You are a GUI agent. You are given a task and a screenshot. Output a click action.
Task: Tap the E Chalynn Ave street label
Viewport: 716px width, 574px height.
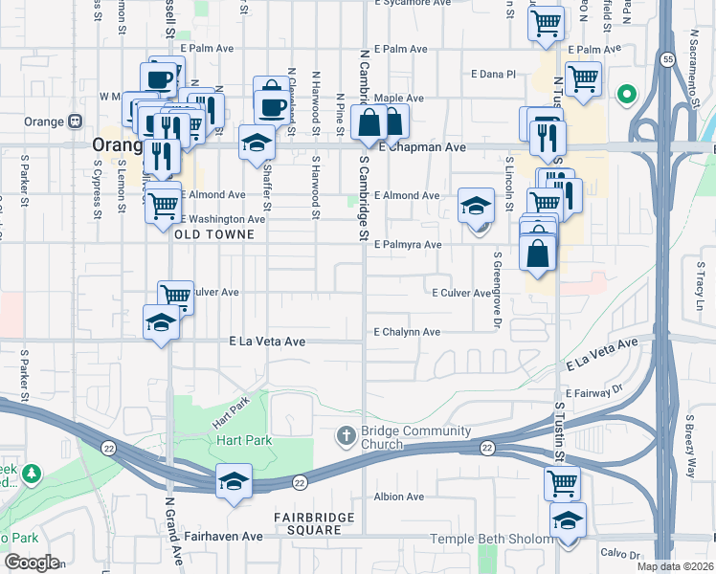pos(407,332)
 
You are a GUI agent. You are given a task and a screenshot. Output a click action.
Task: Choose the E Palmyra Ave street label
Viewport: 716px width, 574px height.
pos(408,245)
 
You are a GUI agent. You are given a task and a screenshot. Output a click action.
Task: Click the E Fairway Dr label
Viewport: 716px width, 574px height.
pos(593,393)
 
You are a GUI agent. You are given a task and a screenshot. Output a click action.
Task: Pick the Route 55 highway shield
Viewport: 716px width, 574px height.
pos(665,59)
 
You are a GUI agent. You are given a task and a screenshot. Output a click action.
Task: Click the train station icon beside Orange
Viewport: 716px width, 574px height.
pos(75,121)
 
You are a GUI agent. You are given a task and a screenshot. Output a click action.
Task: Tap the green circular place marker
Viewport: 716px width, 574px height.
pos(627,95)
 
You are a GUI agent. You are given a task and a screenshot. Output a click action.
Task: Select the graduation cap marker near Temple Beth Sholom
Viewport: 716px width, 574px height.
pos(569,522)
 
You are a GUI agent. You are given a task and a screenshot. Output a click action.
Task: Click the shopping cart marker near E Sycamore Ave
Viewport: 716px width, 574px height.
pos(546,23)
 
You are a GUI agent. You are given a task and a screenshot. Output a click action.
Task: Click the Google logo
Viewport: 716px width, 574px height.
pos(32,563)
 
